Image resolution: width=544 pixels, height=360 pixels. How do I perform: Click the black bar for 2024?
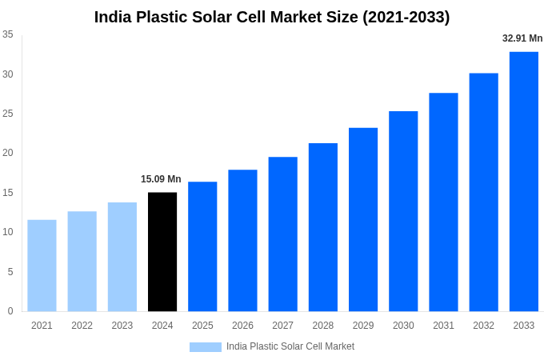tap(162, 251)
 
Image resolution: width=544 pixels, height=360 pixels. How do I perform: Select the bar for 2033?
tap(524, 182)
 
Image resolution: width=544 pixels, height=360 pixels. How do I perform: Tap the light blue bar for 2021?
tap(42, 266)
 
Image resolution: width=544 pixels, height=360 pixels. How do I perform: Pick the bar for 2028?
tap(323, 227)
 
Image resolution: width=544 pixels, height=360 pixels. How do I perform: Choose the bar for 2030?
tap(403, 211)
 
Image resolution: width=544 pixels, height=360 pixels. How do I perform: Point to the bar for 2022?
tap(82, 261)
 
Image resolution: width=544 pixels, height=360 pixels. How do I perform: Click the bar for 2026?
tap(242, 240)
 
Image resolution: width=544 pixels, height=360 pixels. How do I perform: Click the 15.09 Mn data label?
tap(161, 179)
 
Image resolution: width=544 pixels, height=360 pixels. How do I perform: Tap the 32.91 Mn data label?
tap(522, 38)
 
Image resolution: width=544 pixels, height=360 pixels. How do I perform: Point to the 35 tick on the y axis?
tap(8, 34)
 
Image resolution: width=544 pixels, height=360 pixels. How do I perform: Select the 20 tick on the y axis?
tap(8, 153)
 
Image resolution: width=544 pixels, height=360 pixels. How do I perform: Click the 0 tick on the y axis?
tap(10, 311)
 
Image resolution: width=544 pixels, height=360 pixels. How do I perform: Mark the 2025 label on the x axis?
tap(202, 326)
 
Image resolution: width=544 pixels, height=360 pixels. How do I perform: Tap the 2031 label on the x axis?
tap(443, 326)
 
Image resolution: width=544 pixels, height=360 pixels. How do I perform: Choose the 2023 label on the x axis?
tap(122, 326)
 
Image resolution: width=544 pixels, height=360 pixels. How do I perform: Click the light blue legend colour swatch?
tap(205, 347)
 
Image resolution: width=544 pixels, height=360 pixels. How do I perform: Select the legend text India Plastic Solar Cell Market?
tap(290, 346)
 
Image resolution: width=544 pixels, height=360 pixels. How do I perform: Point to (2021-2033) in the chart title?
tap(406, 17)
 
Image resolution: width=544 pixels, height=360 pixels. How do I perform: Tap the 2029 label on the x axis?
tap(363, 326)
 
